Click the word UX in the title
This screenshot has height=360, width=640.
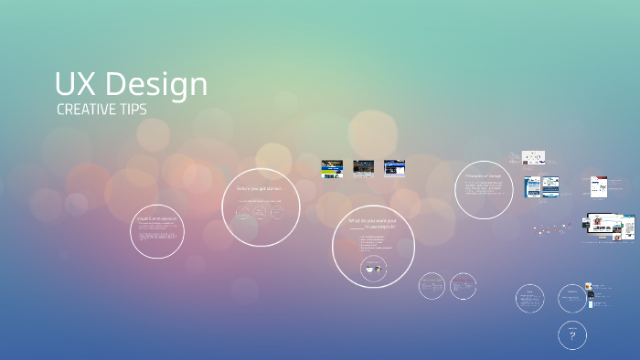75,85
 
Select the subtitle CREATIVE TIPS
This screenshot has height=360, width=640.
101,110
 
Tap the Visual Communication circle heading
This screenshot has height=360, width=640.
157,219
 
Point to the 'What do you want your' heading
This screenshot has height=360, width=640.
372,220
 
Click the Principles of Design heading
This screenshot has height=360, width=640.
484,175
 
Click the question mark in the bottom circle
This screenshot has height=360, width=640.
572,336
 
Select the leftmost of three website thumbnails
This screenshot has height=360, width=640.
332,168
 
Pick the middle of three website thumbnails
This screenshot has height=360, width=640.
364,168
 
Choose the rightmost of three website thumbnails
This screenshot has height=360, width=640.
394,168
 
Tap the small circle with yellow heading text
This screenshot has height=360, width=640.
432,285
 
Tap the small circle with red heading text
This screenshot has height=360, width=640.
463,285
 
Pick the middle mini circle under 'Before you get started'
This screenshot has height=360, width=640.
260,213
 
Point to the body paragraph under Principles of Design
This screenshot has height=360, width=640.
484,187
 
